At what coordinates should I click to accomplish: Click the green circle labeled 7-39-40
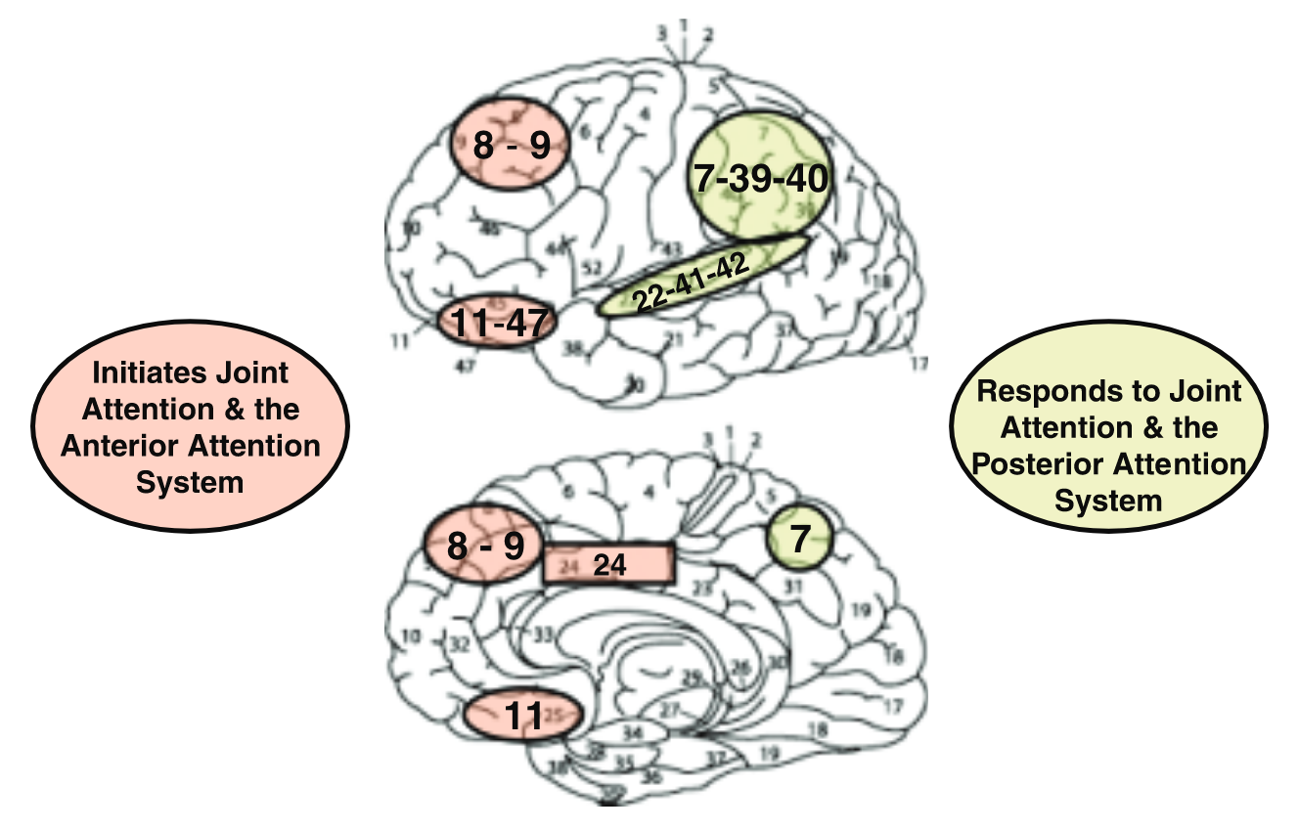tap(761, 178)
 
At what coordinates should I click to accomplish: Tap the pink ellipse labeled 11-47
tap(497, 320)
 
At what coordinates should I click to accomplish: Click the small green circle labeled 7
tap(799, 540)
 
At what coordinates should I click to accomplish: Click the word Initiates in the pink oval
tap(143, 372)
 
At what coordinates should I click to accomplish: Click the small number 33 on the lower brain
tap(545, 634)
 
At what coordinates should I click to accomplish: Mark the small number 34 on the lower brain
tap(634, 731)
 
